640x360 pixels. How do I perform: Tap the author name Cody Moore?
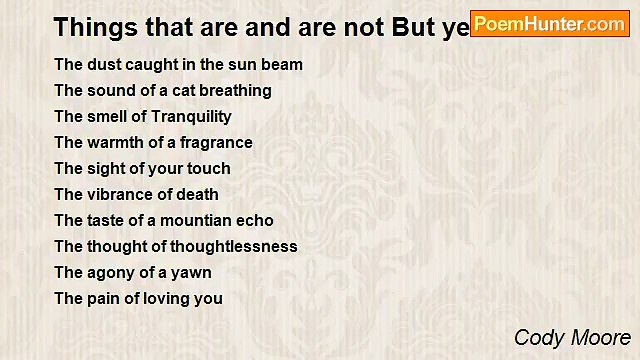click(x=572, y=338)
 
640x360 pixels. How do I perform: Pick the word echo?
click(x=256, y=221)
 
